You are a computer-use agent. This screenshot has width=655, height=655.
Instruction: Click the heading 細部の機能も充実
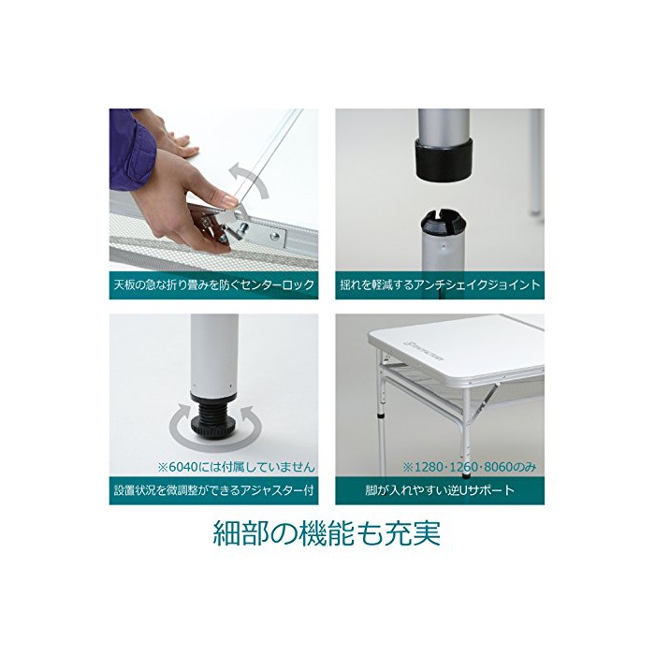(x=327, y=532)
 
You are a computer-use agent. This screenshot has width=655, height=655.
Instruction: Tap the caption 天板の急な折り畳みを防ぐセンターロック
(x=214, y=284)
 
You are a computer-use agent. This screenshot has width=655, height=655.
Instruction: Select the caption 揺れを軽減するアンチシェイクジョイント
(x=440, y=284)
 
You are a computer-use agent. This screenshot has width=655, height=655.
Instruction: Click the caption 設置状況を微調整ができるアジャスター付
(x=214, y=489)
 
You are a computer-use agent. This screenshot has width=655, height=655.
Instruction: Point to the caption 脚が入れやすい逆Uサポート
(x=440, y=489)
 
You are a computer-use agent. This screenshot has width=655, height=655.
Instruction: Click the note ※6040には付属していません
(x=237, y=467)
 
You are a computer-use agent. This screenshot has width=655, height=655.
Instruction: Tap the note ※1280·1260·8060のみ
(x=470, y=467)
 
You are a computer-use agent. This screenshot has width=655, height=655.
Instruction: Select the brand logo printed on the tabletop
(x=423, y=352)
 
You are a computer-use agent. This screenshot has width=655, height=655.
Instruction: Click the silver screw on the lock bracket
(x=275, y=236)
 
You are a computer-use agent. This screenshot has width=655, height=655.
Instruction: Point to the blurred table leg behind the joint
(x=534, y=163)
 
